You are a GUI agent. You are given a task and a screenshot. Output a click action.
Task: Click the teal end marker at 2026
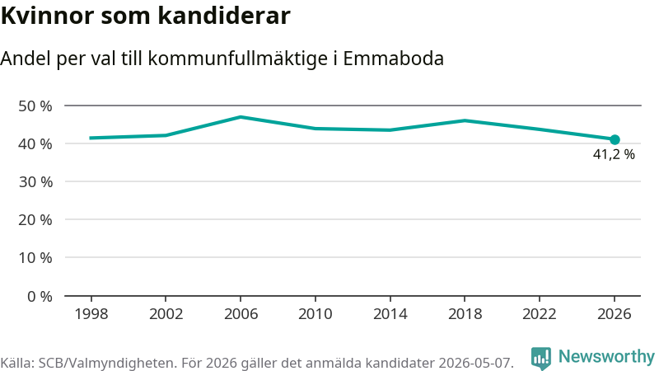615,139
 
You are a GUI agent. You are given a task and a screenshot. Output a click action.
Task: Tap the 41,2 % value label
614,154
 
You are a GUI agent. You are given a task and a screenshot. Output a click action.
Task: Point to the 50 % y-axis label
35,106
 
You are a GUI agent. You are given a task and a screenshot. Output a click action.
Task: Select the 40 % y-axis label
35,144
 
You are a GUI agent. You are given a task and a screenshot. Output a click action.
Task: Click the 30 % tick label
35,182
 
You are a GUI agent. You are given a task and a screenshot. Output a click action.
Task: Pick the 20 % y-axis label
35,220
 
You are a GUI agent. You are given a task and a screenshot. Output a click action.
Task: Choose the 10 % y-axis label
35,258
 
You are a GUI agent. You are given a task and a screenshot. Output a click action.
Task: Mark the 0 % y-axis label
40,297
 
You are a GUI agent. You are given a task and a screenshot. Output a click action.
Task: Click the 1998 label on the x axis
91,314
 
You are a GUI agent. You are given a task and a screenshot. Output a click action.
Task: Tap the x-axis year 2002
166,314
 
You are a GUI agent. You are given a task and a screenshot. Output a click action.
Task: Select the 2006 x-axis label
241,314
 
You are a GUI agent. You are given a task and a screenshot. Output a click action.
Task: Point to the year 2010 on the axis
315,314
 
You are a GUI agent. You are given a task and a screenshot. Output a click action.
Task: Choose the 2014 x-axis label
390,314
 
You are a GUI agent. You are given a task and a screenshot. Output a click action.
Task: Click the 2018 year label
465,314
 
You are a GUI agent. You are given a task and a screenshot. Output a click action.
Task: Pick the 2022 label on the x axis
540,314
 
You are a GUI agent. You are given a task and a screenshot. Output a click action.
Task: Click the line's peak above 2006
241,117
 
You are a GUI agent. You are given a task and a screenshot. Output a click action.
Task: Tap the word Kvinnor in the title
47,16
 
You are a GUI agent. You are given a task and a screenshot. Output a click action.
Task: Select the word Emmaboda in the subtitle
394,59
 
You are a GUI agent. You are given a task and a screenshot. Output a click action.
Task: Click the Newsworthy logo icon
540,359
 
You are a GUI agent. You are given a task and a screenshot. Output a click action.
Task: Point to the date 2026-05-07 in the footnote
476,363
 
